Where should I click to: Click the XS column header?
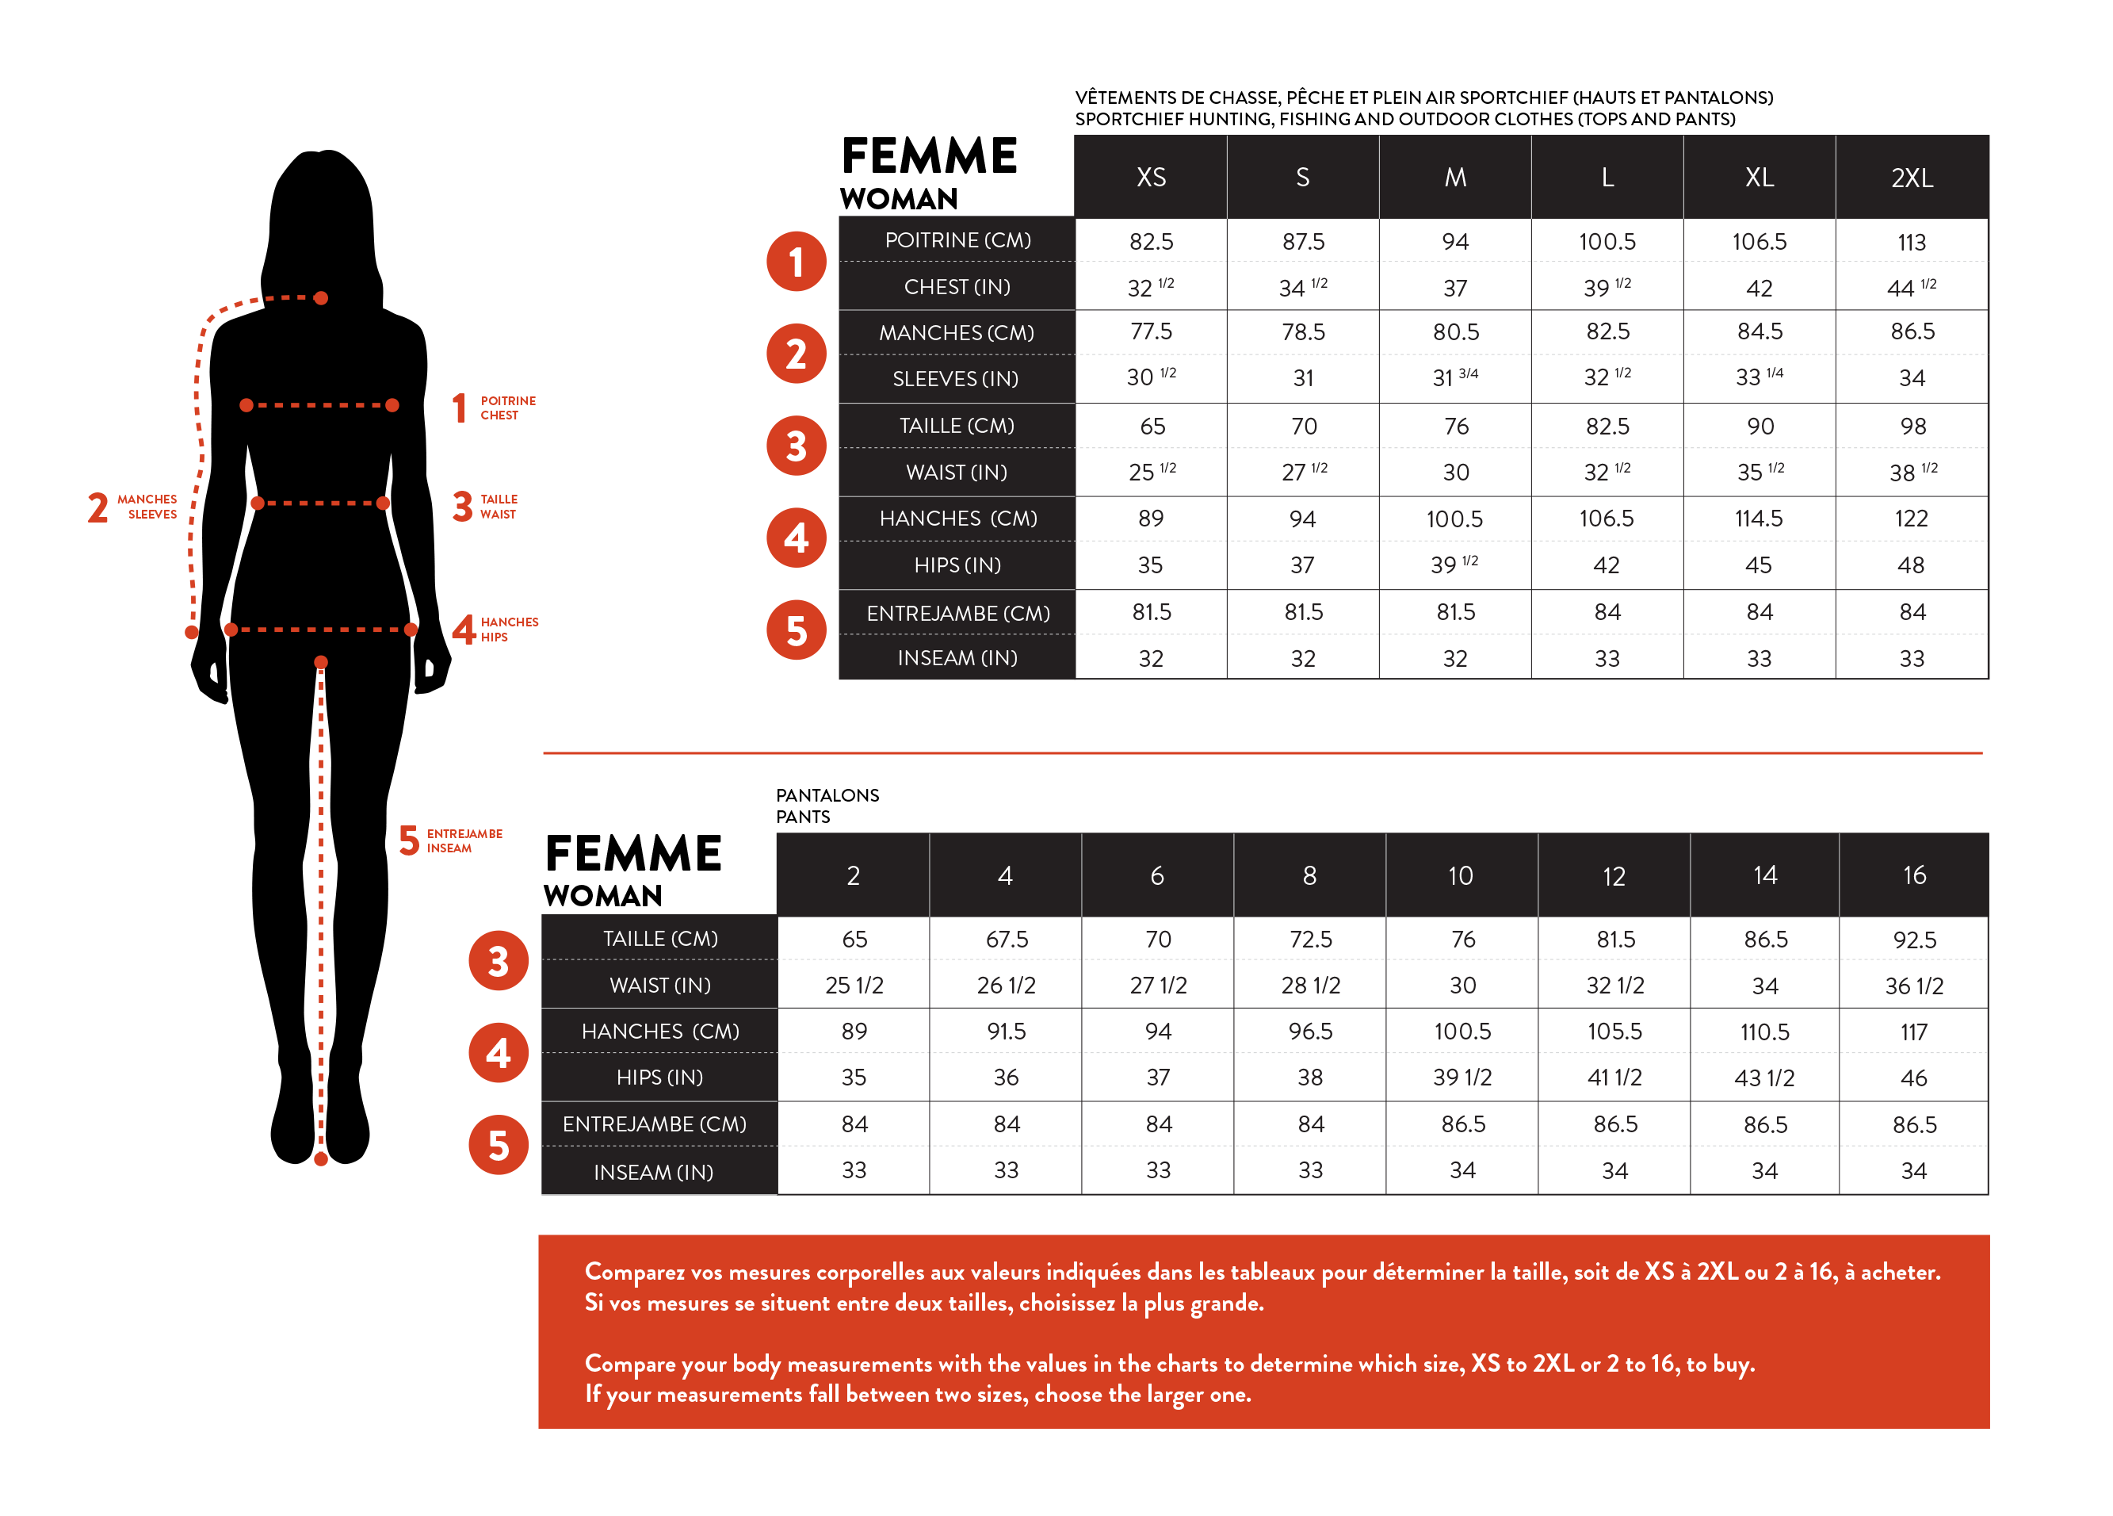pyautogui.click(x=1151, y=177)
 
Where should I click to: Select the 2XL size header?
pyautogui.click(x=1912, y=177)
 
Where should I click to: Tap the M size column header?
pyautogui.click(x=1455, y=177)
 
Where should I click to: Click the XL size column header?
pyautogui.click(x=1759, y=177)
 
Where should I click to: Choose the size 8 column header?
pyautogui.click(x=1309, y=875)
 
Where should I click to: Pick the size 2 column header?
pyautogui.click(x=853, y=875)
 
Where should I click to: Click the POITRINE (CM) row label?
pyautogui.click(x=957, y=239)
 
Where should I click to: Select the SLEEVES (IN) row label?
pyautogui.click(x=955, y=378)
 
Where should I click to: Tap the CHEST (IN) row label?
pyautogui.click(x=957, y=286)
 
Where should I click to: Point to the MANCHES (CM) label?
pyautogui.click(x=956, y=333)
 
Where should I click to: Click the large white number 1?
pyautogui.click(x=796, y=262)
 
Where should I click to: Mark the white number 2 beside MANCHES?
pyautogui.click(x=796, y=354)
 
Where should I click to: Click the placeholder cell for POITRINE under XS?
pyautogui.click(x=1151, y=262)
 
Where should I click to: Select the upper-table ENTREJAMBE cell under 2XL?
pyautogui.click(x=1912, y=634)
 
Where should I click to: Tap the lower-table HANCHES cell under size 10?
pyautogui.click(x=1461, y=1053)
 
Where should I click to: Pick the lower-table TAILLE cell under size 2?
pyautogui.click(x=853, y=959)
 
